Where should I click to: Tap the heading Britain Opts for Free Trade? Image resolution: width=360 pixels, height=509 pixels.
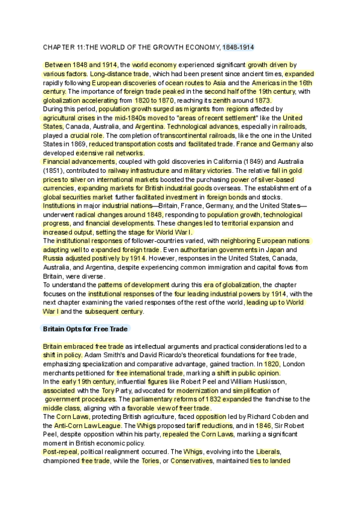pyautogui.click(x=84, y=329)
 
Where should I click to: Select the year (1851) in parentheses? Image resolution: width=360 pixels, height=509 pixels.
pyautogui.click(x=53, y=171)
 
